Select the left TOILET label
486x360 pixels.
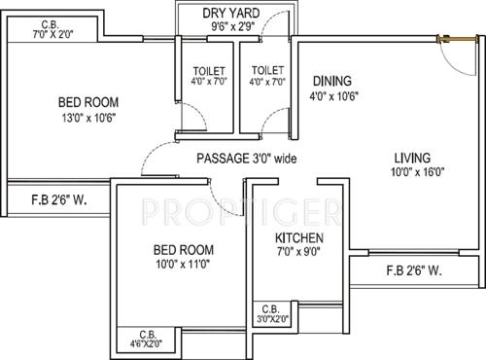pos(209,72)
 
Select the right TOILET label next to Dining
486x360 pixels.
pos(266,72)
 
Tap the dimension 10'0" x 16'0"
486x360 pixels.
pos(413,173)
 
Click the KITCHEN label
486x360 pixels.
pos(298,239)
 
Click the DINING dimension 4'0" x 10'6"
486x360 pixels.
pos(332,95)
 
